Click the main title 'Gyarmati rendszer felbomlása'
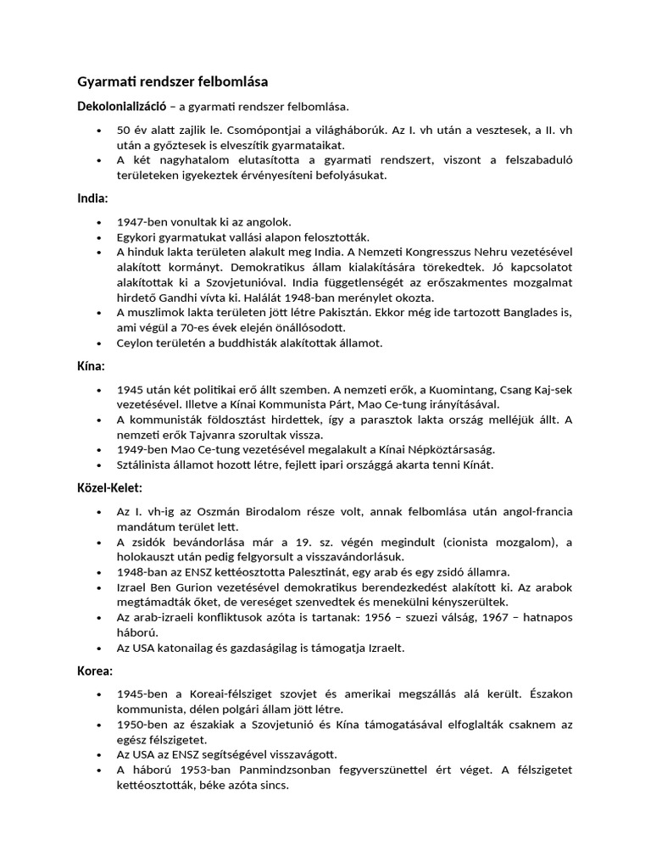click(173, 82)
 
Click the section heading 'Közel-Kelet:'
click(110, 488)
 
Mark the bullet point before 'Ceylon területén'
click(100, 343)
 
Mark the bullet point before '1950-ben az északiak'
click(100, 724)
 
